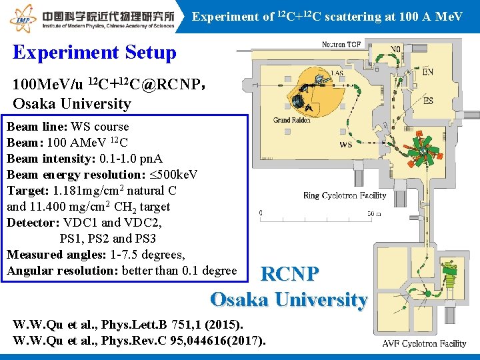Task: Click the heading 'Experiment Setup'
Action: pos(94,53)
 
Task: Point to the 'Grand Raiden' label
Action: pos(292,121)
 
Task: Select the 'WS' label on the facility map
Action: pos(346,144)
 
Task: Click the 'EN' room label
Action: pos(427,71)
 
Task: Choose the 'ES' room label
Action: pos(427,101)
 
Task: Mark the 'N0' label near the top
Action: pos(395,49)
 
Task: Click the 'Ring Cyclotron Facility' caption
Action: pos(345,196)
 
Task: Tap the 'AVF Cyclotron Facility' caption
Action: pos(424,344)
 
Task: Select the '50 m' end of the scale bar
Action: pos(373,213)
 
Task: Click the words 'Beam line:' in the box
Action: pos(29,127)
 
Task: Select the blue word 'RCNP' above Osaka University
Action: pos(289,274)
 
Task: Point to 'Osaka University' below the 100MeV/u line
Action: pos(72,103)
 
